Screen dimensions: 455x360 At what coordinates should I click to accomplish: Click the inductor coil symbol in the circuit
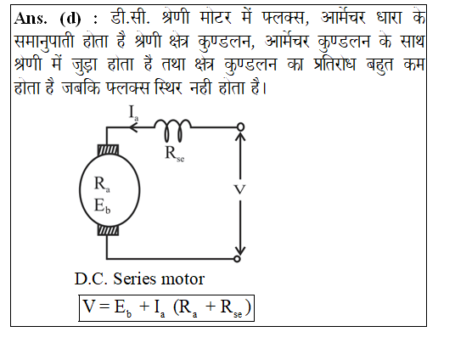point(172,130)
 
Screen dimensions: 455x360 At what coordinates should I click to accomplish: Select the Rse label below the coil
point(174,154)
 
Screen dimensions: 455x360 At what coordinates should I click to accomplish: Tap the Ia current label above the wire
point(133,113)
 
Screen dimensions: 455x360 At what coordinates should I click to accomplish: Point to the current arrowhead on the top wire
point(132,127)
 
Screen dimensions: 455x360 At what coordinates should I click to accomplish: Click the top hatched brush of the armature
point(108,150)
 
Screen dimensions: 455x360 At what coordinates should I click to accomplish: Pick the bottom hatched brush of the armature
point(108,230)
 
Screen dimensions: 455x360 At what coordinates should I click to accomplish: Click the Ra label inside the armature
point(102,183)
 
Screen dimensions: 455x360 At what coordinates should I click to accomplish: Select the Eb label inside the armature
point(102,205)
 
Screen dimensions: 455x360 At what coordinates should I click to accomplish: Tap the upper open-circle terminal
point(240,127)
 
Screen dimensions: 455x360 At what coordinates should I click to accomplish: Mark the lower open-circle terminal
point(237,258)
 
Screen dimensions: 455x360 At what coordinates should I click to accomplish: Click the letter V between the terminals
point(239,190)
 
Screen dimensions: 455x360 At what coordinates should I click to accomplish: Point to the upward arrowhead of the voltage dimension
point(240,136)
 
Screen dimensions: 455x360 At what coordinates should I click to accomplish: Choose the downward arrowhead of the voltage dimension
point(240,250)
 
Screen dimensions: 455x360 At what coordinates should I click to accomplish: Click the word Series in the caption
point(133,278)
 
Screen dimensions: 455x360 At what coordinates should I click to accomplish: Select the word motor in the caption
point(183,279)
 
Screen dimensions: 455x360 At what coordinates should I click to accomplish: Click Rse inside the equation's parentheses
point(231,308)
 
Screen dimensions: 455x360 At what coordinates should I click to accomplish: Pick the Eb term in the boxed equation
point(123,308)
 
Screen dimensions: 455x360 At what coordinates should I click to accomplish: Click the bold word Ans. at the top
point(31,19)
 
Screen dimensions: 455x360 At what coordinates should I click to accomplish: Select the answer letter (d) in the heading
point(70,19)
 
